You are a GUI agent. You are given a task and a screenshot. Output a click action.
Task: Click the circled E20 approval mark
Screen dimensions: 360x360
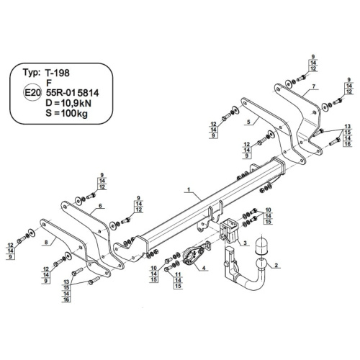32,93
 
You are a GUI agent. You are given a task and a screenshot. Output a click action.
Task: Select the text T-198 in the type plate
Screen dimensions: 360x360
58,73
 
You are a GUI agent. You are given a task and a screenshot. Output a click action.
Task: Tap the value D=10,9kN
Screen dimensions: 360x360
68,103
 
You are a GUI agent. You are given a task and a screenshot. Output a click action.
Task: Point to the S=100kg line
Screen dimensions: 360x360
66,113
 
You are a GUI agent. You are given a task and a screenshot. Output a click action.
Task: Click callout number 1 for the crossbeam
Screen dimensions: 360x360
189,189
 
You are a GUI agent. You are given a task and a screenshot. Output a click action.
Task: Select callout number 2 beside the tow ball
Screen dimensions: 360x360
276,265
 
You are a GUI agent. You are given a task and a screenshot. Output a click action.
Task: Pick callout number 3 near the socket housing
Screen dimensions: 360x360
245,243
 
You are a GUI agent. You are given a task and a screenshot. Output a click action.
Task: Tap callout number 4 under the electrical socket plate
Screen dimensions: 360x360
204,268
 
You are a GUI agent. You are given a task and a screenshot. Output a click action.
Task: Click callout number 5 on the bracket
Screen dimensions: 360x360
248,122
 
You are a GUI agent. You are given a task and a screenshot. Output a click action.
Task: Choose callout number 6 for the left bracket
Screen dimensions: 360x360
100,206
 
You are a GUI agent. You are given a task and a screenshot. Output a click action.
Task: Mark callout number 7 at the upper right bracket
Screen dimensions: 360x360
314,86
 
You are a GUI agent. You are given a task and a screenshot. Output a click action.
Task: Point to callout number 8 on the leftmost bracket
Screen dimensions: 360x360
46,243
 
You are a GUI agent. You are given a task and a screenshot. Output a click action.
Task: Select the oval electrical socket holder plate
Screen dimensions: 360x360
193,255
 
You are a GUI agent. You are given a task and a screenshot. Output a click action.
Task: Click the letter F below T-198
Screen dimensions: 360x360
49,83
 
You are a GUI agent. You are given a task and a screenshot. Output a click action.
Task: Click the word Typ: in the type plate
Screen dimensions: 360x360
32,72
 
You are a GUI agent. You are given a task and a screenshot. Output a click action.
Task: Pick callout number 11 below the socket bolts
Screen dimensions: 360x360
178,274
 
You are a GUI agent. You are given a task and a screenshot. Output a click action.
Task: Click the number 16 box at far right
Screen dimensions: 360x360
348,144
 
